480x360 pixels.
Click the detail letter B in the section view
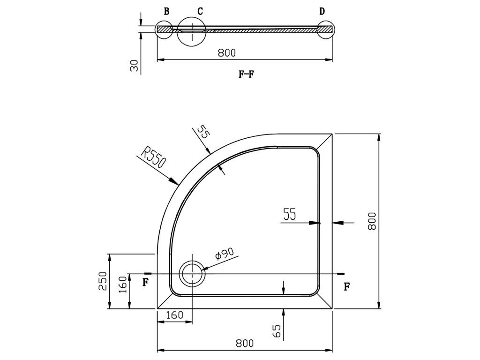[166, 12]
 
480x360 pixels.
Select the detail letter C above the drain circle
[200, 12]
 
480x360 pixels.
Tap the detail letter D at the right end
[322, 12]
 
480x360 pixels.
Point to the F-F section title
[247, 74]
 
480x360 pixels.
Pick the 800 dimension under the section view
[227, 53]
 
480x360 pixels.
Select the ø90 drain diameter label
[225, 254]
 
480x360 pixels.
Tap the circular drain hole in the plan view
[192, 273]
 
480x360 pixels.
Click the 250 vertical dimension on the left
[103, 281]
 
